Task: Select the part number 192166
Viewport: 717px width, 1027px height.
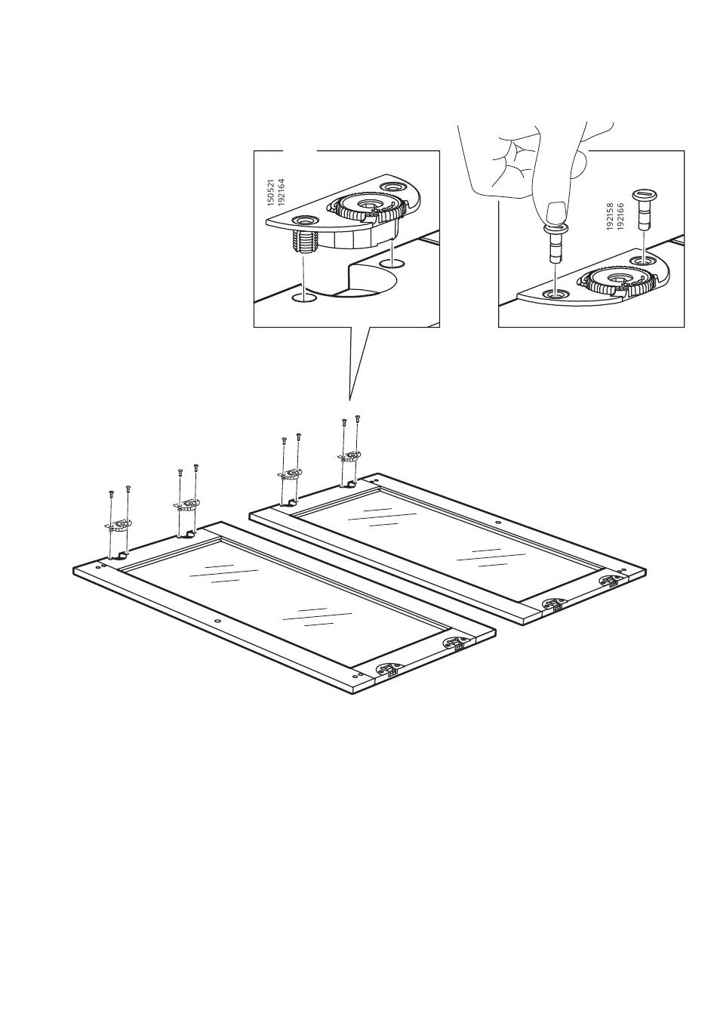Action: tap(620, 220)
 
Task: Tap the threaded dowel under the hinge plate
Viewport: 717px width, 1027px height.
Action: tap(303, 242)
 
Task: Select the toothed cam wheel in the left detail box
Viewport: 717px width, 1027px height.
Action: tap(368, 207)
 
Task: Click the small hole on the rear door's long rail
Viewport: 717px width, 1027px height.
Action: tap(498, 523)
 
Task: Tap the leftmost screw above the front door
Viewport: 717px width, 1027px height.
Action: tap(110, 494)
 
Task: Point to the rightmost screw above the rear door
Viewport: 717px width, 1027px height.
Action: tap(357, 418)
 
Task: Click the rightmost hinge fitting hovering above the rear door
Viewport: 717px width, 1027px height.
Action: tap(349, 456)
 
